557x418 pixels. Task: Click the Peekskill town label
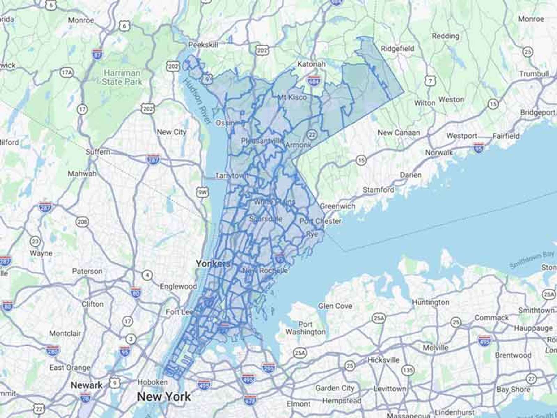pos(203,45)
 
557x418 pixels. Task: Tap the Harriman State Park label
pos(122,77)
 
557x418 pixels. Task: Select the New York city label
pos(164,397)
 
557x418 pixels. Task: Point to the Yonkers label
pos(213,264)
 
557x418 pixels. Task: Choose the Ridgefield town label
pos(397,49)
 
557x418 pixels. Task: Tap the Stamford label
pos(378,189)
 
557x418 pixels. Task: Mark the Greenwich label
pos(337,206)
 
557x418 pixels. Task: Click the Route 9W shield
pos(202,192)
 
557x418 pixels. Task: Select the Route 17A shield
pos(67,73)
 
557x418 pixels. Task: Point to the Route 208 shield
pos(82,222)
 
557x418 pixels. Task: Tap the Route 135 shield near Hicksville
pos(408,370)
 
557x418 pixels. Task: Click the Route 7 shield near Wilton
pos(430,81)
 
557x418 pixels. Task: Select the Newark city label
pos(86,385)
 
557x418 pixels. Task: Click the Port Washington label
pos(305,328)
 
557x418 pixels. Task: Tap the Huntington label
pos(430,302)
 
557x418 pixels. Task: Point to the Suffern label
pos(98,152)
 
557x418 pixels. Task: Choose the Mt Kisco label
pos(292,97)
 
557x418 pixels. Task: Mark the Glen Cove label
pos(335,306)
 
